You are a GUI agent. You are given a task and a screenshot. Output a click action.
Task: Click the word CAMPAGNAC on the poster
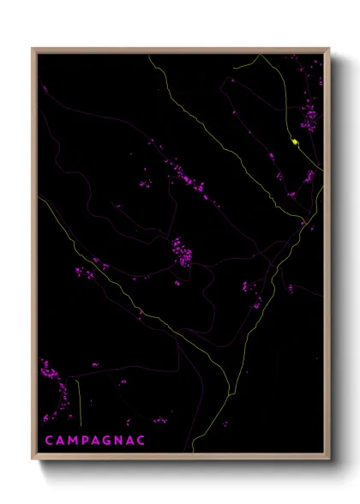click(x=95, y=441)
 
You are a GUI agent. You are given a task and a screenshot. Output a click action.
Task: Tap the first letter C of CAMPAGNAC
click(x=49, y=441)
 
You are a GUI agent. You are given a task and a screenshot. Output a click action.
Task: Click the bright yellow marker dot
click(x=295, y=141)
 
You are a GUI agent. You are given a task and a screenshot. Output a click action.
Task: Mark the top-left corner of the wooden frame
click(x=33, y=48)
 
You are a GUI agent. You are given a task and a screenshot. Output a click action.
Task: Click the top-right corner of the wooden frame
click(x=330, y=48)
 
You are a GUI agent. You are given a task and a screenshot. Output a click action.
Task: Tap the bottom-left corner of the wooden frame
click(x=33, y=461)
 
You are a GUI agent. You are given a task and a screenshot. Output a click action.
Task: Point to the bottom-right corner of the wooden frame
click(x=330, y=461)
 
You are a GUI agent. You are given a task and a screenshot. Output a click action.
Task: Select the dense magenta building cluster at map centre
click(x=182, y=251)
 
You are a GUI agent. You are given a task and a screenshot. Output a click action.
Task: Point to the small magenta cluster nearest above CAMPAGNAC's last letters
click(x=159, y=420)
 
